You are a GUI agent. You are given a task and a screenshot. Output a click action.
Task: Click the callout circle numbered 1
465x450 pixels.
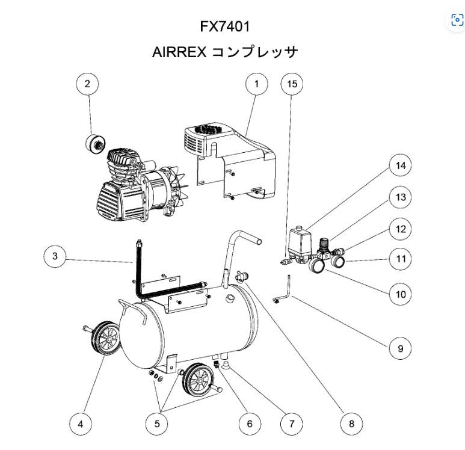point(256,84)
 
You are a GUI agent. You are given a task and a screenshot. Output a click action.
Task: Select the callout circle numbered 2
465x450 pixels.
point(87,84)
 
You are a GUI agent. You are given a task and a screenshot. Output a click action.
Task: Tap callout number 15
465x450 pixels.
point(292,84)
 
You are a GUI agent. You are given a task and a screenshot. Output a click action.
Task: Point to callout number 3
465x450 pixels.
point(55,257)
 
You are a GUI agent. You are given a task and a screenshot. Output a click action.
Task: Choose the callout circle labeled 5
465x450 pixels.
point(157,424)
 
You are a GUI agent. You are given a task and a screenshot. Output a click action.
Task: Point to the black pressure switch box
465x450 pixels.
point(297,241)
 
